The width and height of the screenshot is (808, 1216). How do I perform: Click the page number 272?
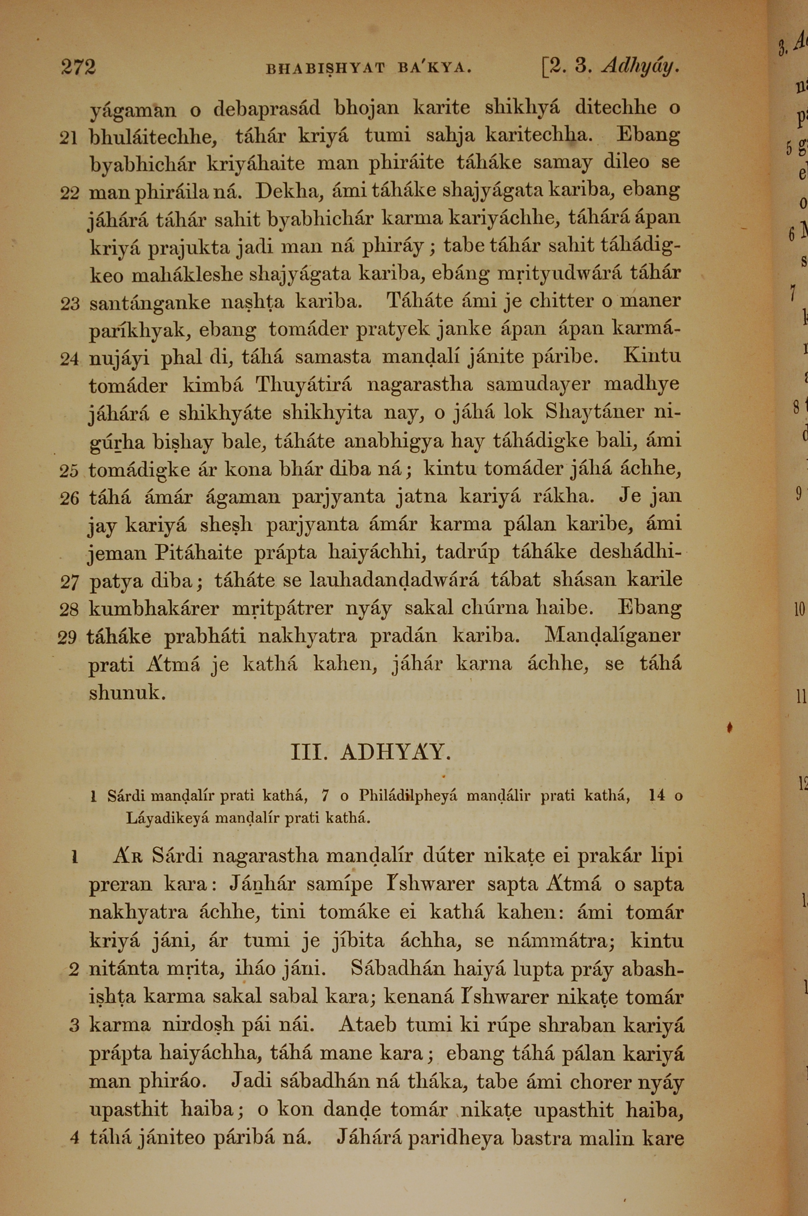point(78,67)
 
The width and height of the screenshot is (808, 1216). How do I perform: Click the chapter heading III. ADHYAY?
point(371,753)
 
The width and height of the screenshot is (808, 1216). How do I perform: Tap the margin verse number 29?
point(67,638)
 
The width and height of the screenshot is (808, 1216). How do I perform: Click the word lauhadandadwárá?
point(395,581)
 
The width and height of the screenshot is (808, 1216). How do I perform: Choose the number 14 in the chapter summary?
point(657,796)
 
